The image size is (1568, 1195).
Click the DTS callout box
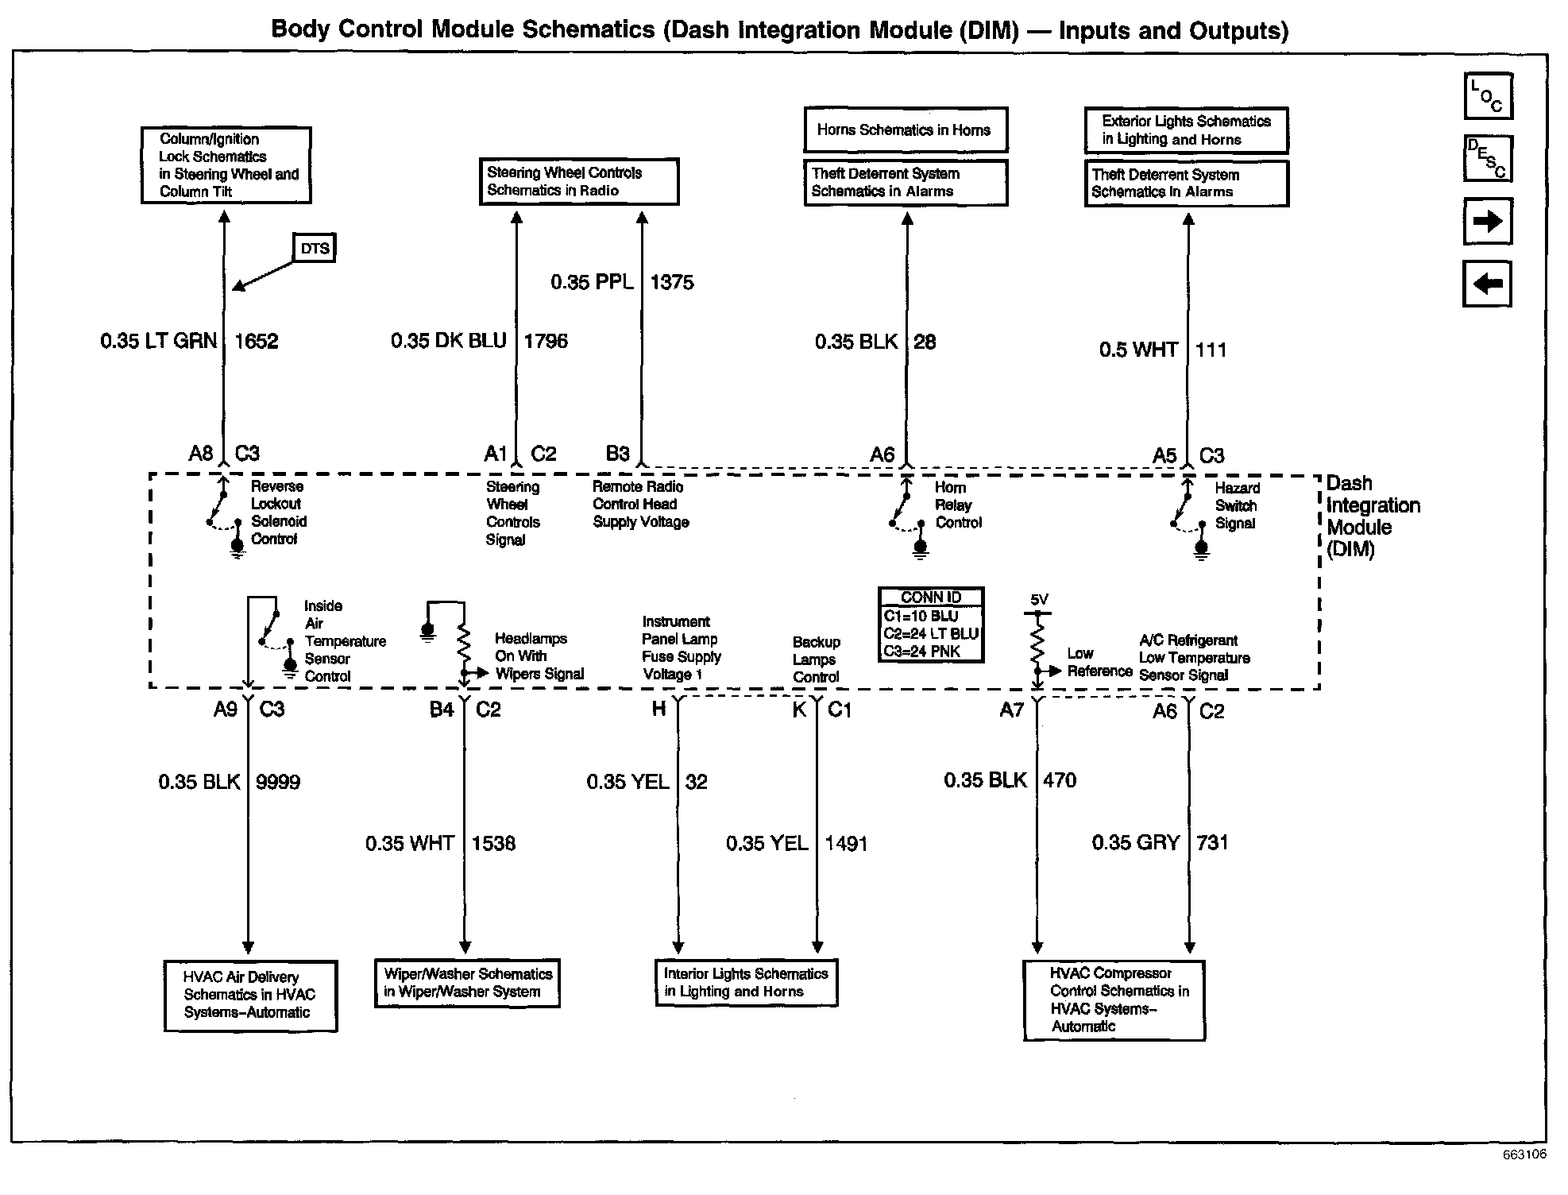(315, 248)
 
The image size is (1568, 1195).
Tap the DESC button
(1488, 159)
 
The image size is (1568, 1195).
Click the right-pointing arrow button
(1488, 221)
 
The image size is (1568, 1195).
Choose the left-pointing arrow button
(1487, 284)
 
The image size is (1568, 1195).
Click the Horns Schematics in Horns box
(906, 130)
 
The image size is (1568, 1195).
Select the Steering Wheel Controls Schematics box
(579, 182)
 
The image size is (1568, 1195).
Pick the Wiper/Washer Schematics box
(467, 983)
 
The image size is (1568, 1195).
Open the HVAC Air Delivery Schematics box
(250, 996)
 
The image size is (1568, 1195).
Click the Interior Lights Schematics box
(746, 983)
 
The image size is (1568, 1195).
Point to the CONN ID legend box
(931, 625)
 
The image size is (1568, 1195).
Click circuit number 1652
(257, 342)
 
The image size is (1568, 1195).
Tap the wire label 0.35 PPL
(593, 282)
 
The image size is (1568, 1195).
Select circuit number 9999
(278, 783)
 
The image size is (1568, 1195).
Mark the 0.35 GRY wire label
(1136, 843)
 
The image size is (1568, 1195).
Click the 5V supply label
(1039, 600)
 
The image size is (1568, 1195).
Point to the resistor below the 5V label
(1037, 642)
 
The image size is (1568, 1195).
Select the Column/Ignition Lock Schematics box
(226, 165)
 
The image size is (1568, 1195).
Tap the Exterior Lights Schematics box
(1186, 130)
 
